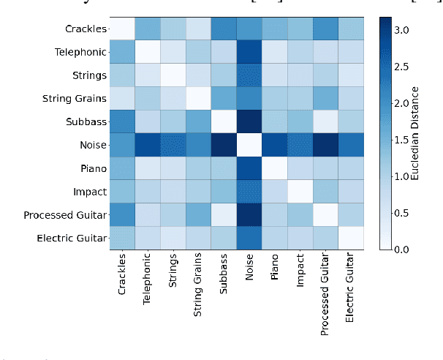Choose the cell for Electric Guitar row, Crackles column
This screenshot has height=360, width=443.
point(121,238)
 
